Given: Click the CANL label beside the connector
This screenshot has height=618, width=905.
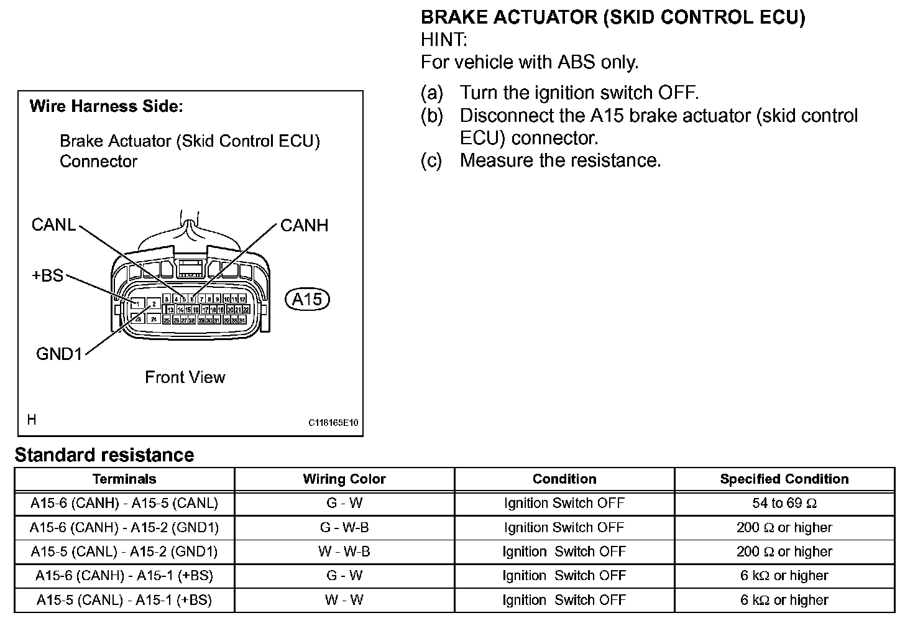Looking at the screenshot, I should tap(53, 224).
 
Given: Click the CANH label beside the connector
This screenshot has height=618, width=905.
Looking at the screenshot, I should tap(304, 225).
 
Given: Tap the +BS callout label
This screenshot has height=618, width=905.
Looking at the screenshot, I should tap(47, 275).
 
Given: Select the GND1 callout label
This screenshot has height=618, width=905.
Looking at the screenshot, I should tap(59, 354).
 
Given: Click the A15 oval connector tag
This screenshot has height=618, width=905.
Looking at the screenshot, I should tap(307, 300).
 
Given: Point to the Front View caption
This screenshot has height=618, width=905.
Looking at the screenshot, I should tap(185, 377).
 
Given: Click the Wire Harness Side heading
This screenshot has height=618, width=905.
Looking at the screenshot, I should tap(106, 106).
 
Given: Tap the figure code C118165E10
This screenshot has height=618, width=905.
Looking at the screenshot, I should tap(333, 423).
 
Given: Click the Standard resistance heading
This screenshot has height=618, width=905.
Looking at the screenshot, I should tap(104, 455).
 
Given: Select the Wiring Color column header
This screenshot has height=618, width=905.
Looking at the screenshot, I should tap(344, 479).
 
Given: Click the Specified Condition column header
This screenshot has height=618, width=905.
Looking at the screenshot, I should tap(784, 479).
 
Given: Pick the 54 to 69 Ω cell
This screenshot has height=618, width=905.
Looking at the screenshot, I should tap(784, 503).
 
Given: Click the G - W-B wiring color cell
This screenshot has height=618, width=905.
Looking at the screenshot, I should tap(344, 527).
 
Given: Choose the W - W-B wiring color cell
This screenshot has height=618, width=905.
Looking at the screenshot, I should tap(344, 551).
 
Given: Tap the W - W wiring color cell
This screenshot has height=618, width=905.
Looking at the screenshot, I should tap(344, 600).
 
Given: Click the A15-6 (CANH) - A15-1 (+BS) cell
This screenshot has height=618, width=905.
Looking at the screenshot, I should tap(124, 576).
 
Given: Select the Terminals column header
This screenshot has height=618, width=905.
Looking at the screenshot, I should tap(124, 479).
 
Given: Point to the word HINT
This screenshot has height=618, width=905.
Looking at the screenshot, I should tap(444, 40).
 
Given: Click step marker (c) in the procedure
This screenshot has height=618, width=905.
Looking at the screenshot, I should tap(432, 160).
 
